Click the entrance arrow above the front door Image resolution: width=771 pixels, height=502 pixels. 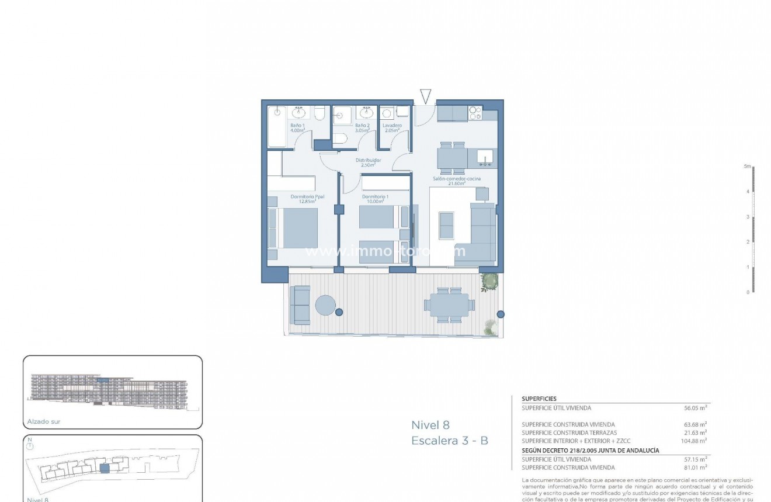pos(425,97)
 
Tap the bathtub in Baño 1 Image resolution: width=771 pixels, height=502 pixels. pos(277,127)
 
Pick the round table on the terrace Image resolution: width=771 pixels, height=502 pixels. pos(325,304)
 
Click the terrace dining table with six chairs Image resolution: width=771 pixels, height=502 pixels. pos(450,304)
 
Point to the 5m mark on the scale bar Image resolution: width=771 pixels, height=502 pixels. pos(747,167)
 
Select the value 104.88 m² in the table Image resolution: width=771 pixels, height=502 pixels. pos(694,441)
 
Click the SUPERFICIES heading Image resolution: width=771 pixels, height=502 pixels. pos(539,399)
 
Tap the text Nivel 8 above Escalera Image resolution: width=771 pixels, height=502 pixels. pos(430,425)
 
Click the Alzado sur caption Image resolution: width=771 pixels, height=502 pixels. pos(44,421)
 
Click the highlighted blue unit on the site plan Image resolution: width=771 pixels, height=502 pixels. pos(105,468)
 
